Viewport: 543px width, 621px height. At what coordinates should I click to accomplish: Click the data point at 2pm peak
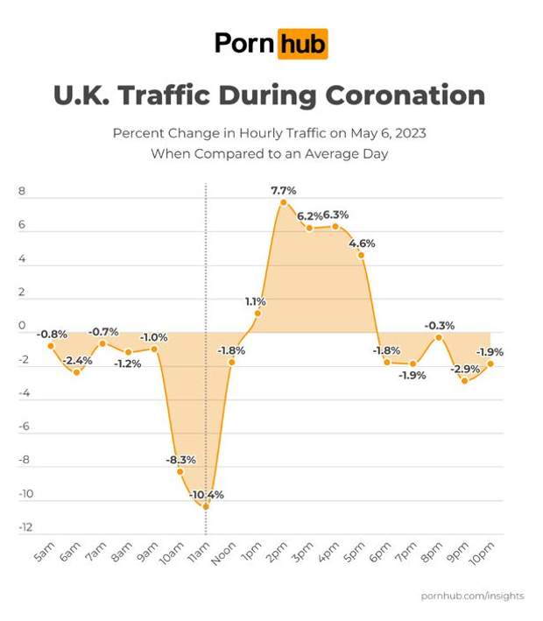click(x=283, y=202)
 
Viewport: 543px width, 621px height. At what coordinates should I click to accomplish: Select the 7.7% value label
click(x=283, y=189)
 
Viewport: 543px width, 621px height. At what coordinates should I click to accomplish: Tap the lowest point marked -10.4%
click(x=206, y=506)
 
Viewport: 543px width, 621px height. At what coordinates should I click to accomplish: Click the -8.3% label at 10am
click(x=180, y=459)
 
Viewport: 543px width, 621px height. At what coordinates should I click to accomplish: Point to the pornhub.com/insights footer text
click(x=472, y=596)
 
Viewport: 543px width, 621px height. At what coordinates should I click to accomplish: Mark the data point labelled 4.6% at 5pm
click(x=361, y=255)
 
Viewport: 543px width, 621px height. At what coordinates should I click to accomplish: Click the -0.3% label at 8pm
click(x=440, y=325)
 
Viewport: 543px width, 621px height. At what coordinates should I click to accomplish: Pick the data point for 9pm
click(x=464, y=381)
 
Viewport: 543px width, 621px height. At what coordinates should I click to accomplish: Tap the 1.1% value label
click(x=255, y=301)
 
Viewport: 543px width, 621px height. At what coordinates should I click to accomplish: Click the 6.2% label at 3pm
click(x=309, y=215)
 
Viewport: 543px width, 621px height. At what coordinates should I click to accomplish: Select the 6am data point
click(x=77, y=372)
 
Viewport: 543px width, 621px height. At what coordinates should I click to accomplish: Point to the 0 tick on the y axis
click(x=21, y=327)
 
